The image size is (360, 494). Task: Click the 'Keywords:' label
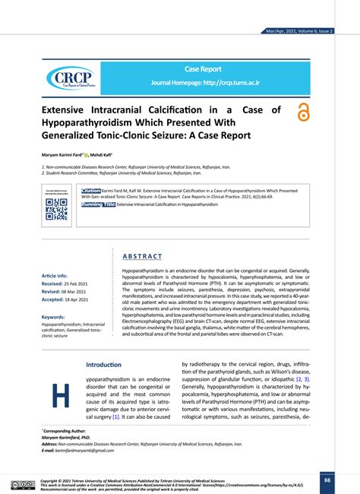[54, 317]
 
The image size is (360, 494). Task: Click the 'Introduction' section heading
[105, 364]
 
